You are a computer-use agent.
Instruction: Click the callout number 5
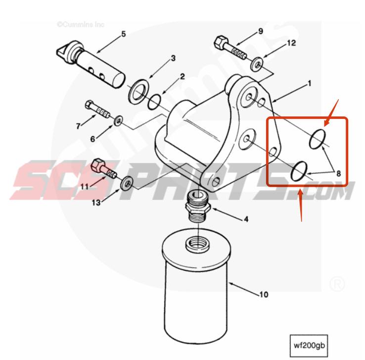tap(124, 34)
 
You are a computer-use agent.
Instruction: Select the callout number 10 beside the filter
tap(264, 295)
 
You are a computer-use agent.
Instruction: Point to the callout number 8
tap(339, 173)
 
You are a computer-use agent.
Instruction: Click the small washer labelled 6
tap(118, 120)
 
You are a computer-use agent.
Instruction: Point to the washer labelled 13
tap(127, 183)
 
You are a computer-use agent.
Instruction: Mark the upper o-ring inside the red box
tap(317, 140)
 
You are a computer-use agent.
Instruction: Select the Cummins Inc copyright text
tap(76, 23)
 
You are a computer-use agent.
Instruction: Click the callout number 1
tap(309, 83)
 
